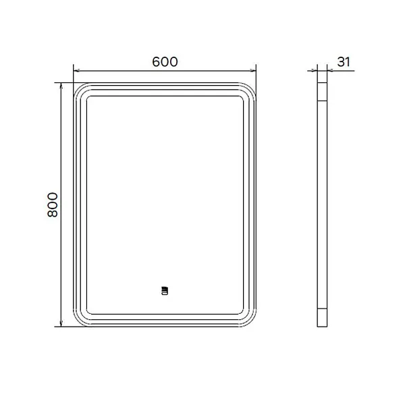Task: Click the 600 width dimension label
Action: pos(165,62)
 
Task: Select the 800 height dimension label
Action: pos(53,205)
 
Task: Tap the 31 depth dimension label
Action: pos(344,62)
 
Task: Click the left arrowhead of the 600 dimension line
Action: pos(76,70)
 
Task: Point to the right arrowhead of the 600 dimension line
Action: pos(253,70)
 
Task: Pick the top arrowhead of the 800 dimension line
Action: pos(61,86)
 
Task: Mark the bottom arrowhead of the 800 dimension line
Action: pos(61,323)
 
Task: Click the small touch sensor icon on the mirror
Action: pos(165,290)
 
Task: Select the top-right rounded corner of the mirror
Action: pos(250,88)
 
